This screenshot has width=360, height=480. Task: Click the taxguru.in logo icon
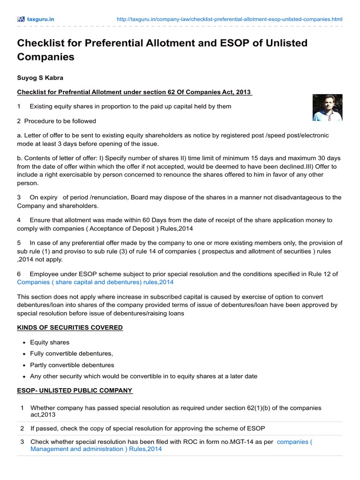tap(21, 19)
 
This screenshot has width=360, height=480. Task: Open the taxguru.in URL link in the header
tap(229, 19)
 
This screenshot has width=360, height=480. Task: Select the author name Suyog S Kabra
tap(40, 77)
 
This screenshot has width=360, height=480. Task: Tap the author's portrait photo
tap(327, 107)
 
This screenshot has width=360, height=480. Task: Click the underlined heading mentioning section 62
tap(135, 92)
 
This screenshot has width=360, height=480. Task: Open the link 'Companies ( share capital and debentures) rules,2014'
tap(95, 282)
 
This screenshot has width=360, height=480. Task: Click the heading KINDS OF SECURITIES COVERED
tap(70, 327)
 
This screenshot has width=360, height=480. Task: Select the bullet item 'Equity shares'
tap(50, 343)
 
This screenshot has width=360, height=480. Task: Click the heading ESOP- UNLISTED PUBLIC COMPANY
tap(75, 390)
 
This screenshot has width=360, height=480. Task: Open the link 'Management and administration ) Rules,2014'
tap(96, 449)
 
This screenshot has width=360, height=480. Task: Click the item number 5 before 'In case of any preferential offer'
tap(19, 243)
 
